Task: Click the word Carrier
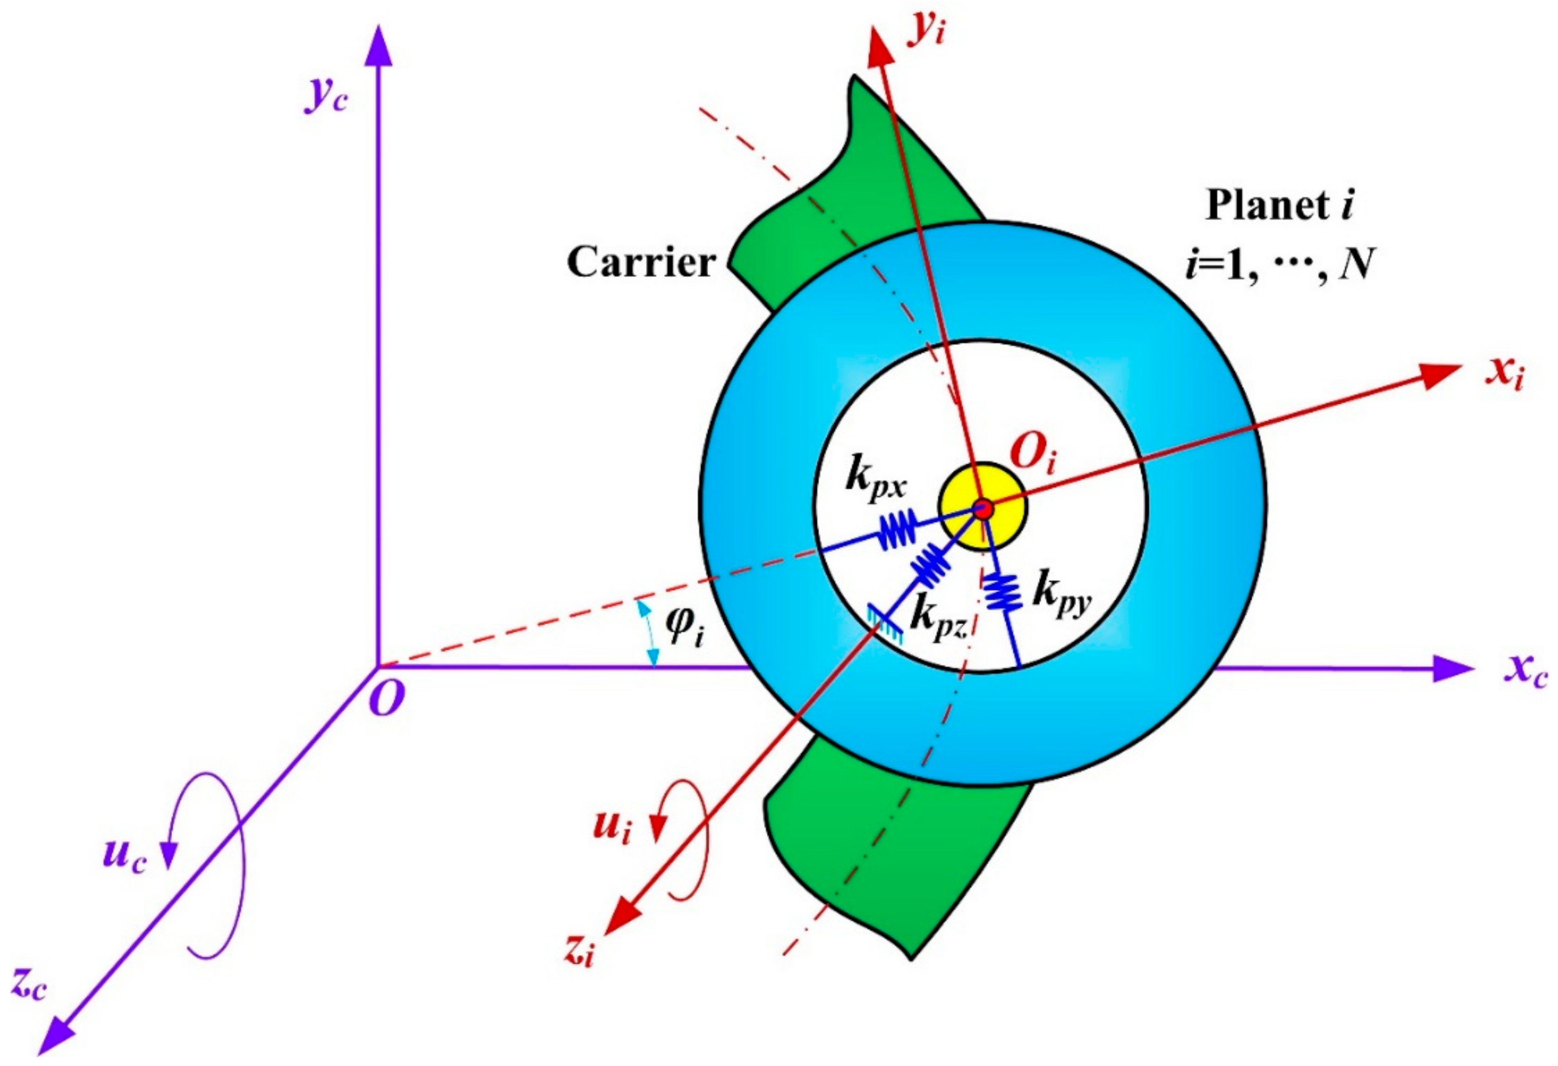[x=642, y=262]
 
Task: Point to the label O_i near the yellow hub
[x=1032, y=456]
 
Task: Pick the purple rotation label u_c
[x=124, y=858]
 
